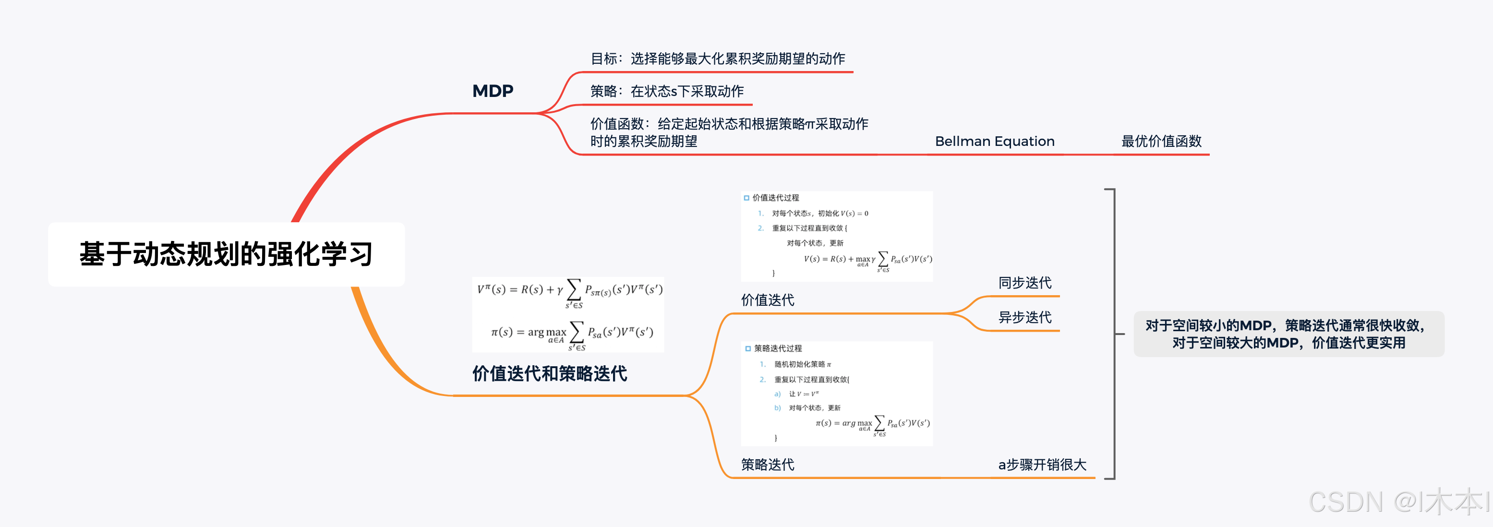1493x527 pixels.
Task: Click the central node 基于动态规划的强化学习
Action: click(226, 254)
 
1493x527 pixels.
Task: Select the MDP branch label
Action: click(493, 91)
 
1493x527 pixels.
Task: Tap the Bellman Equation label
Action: click(995, 141)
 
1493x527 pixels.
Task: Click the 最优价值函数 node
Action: click(1161, 141)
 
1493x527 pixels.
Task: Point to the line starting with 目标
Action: click(718, 59)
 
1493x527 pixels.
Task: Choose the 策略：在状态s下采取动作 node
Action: click(666, 91)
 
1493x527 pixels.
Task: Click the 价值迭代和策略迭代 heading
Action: click(550, 373)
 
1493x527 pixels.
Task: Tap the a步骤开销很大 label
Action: click(1042, 465)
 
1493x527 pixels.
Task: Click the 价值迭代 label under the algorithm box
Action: click(767, 299)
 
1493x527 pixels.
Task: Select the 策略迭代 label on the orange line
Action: click(767, 465)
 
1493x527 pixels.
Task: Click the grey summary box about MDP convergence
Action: click(1288, 334)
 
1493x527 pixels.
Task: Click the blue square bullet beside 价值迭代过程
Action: click(746, 198)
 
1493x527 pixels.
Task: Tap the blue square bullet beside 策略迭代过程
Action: click(748, 348)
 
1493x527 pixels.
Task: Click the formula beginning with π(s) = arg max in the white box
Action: click(572, 333)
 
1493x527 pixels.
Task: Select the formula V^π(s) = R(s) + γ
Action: click(569, 290)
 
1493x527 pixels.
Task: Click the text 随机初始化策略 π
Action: click(803, 364)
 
